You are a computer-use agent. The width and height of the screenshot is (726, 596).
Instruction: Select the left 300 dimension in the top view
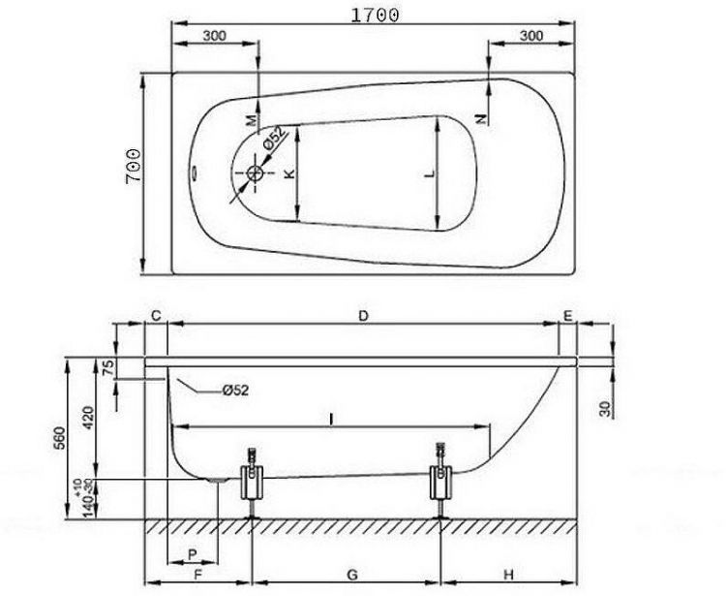(214, 35)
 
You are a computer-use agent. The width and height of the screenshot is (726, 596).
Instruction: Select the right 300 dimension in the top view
(531, 35)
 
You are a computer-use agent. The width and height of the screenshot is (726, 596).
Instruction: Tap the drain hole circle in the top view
(256, 174)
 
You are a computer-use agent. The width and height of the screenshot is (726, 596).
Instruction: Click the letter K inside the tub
(287, 174)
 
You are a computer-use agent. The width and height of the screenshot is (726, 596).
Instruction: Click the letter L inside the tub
(430, 173)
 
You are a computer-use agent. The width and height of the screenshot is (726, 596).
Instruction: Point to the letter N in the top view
(480, 116)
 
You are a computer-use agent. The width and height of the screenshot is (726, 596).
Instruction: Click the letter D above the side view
(363, 316)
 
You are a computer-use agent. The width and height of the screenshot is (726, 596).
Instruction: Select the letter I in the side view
(332, 418)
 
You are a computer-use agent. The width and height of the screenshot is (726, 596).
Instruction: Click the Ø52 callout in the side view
(235, 391)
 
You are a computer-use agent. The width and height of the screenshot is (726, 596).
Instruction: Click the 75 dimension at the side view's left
(108, 368)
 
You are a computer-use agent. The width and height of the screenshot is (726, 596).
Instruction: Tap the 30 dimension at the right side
(605, 407)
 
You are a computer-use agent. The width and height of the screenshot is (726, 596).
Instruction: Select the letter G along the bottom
(351, 575)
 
